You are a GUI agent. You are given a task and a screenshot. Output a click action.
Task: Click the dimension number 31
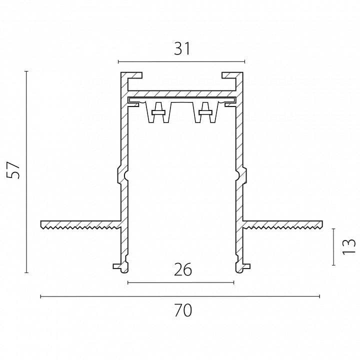182,49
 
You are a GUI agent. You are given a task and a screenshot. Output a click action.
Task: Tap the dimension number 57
13,170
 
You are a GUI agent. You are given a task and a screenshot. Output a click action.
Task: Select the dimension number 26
183,269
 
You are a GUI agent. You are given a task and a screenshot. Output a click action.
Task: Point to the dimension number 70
183,310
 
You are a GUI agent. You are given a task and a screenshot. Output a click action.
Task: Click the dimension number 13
349,247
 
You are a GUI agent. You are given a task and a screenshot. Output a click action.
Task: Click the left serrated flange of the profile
80,224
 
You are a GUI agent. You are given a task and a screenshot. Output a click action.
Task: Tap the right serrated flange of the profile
282,224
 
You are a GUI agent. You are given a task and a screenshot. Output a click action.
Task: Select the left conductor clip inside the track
158,112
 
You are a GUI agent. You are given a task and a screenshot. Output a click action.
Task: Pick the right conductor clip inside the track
205,112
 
